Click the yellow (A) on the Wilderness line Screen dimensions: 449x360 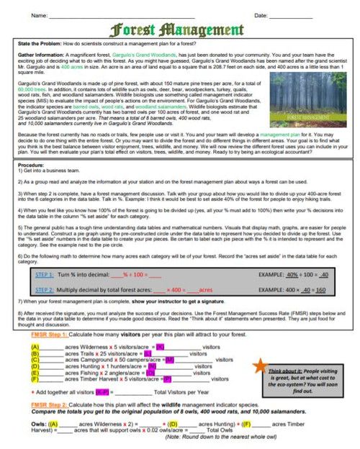[35, 348]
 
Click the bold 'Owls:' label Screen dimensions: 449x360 [40, 425]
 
